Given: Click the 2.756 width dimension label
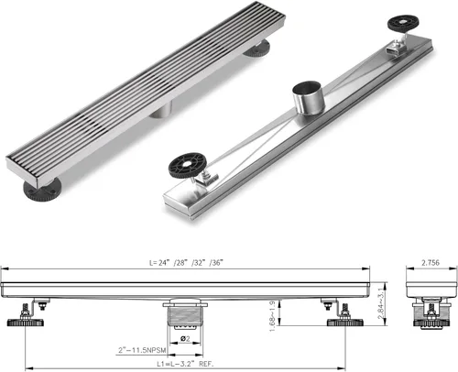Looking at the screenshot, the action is [x=431, y=262].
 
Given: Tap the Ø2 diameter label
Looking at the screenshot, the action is [x=185, y=338].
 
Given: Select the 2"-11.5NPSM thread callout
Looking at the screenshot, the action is [x=142, y=350].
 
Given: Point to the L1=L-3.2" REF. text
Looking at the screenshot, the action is [x=185, y=364].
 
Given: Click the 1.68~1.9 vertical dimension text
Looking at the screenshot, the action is [x=272, y=316].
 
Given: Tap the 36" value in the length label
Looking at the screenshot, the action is [x=216, y=263].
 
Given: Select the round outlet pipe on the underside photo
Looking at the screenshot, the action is [x=307, y=97].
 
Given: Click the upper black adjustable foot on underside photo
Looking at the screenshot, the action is [x=403, y=23].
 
